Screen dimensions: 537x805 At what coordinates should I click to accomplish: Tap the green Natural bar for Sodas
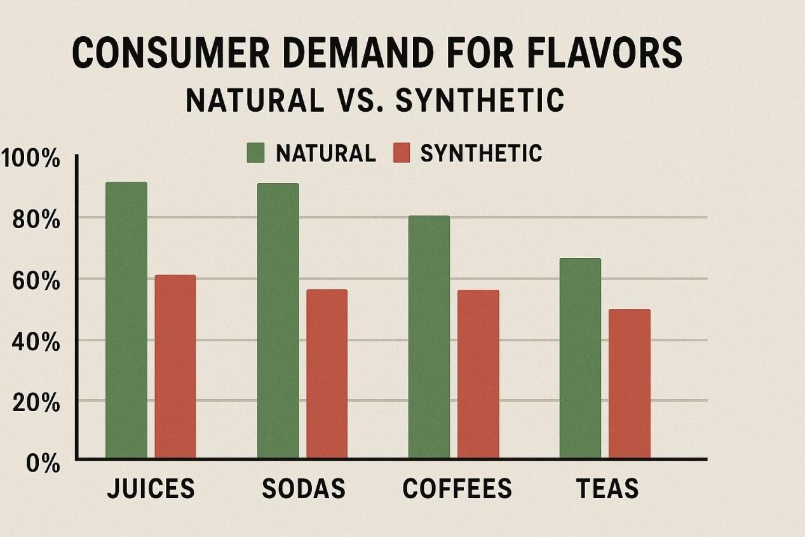tap(278, 320)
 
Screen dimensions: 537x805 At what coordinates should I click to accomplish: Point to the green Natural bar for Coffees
tap(429, 337)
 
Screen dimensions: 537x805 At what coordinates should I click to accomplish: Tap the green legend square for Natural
tap(255, 153)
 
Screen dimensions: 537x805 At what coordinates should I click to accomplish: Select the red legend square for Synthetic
tap(402, 153)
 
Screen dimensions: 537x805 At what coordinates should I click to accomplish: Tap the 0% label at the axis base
tap(43, 463)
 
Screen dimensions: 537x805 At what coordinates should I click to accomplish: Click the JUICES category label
tap(151, 489)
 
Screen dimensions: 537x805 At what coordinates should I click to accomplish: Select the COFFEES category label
tap(457, 489)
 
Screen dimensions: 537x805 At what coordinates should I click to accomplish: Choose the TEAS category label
tap(607, 489)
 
